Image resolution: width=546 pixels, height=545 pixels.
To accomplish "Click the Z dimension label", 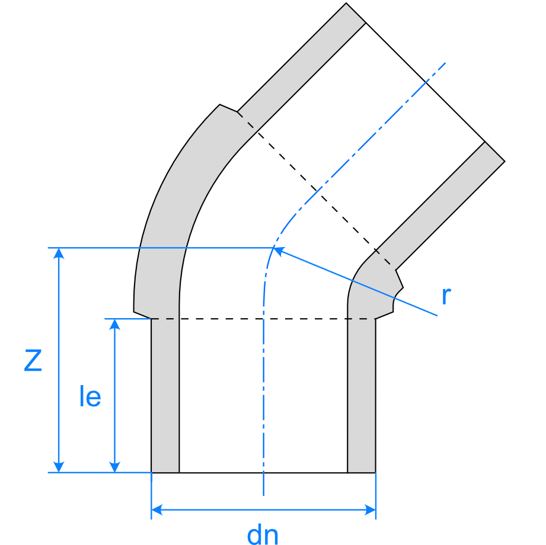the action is pyautogui.click(x=33, y=361).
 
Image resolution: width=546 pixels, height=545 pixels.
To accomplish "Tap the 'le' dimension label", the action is pyautogui.click(x=90, y=396).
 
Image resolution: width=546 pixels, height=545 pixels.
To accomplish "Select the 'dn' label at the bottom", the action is pyautogui.click(x=263, y=534).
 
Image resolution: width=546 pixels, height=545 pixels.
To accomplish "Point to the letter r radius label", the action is pyautogui.click(x=446, y=296).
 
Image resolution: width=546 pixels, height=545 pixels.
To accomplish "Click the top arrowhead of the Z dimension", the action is pyautogui.click(x=59, y=254).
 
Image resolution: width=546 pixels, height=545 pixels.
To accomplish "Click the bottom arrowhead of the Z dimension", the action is pyautogui.click(x=59, y=467).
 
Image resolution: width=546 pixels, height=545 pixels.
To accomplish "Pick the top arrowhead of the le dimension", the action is pyautogui.click(x=114, y=325).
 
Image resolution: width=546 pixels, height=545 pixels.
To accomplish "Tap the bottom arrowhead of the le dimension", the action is pyautogui.click(x=114, y=467).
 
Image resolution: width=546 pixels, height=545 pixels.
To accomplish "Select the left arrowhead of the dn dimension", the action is pyautogui.click(x=157, y=510).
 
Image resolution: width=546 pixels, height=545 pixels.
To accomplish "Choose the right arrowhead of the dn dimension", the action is pyautogui.click(x=370, y=510).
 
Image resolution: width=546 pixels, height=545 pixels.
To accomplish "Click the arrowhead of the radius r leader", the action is pyautogui.click(x=279, y=251).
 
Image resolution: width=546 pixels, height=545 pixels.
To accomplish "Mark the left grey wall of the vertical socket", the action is pyautogui.click(x=165, y=396).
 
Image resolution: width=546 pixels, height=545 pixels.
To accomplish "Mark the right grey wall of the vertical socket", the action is pyautogui.click(x=362, y=396).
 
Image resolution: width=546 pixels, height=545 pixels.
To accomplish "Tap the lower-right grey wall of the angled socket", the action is pyautogui.click(x=440, y=206).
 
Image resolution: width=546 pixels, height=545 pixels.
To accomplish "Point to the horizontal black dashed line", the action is pyautogui.click(x=263, y=319).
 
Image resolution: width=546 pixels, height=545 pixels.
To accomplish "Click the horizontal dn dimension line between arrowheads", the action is pyautogui.click(x=264, y=510).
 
